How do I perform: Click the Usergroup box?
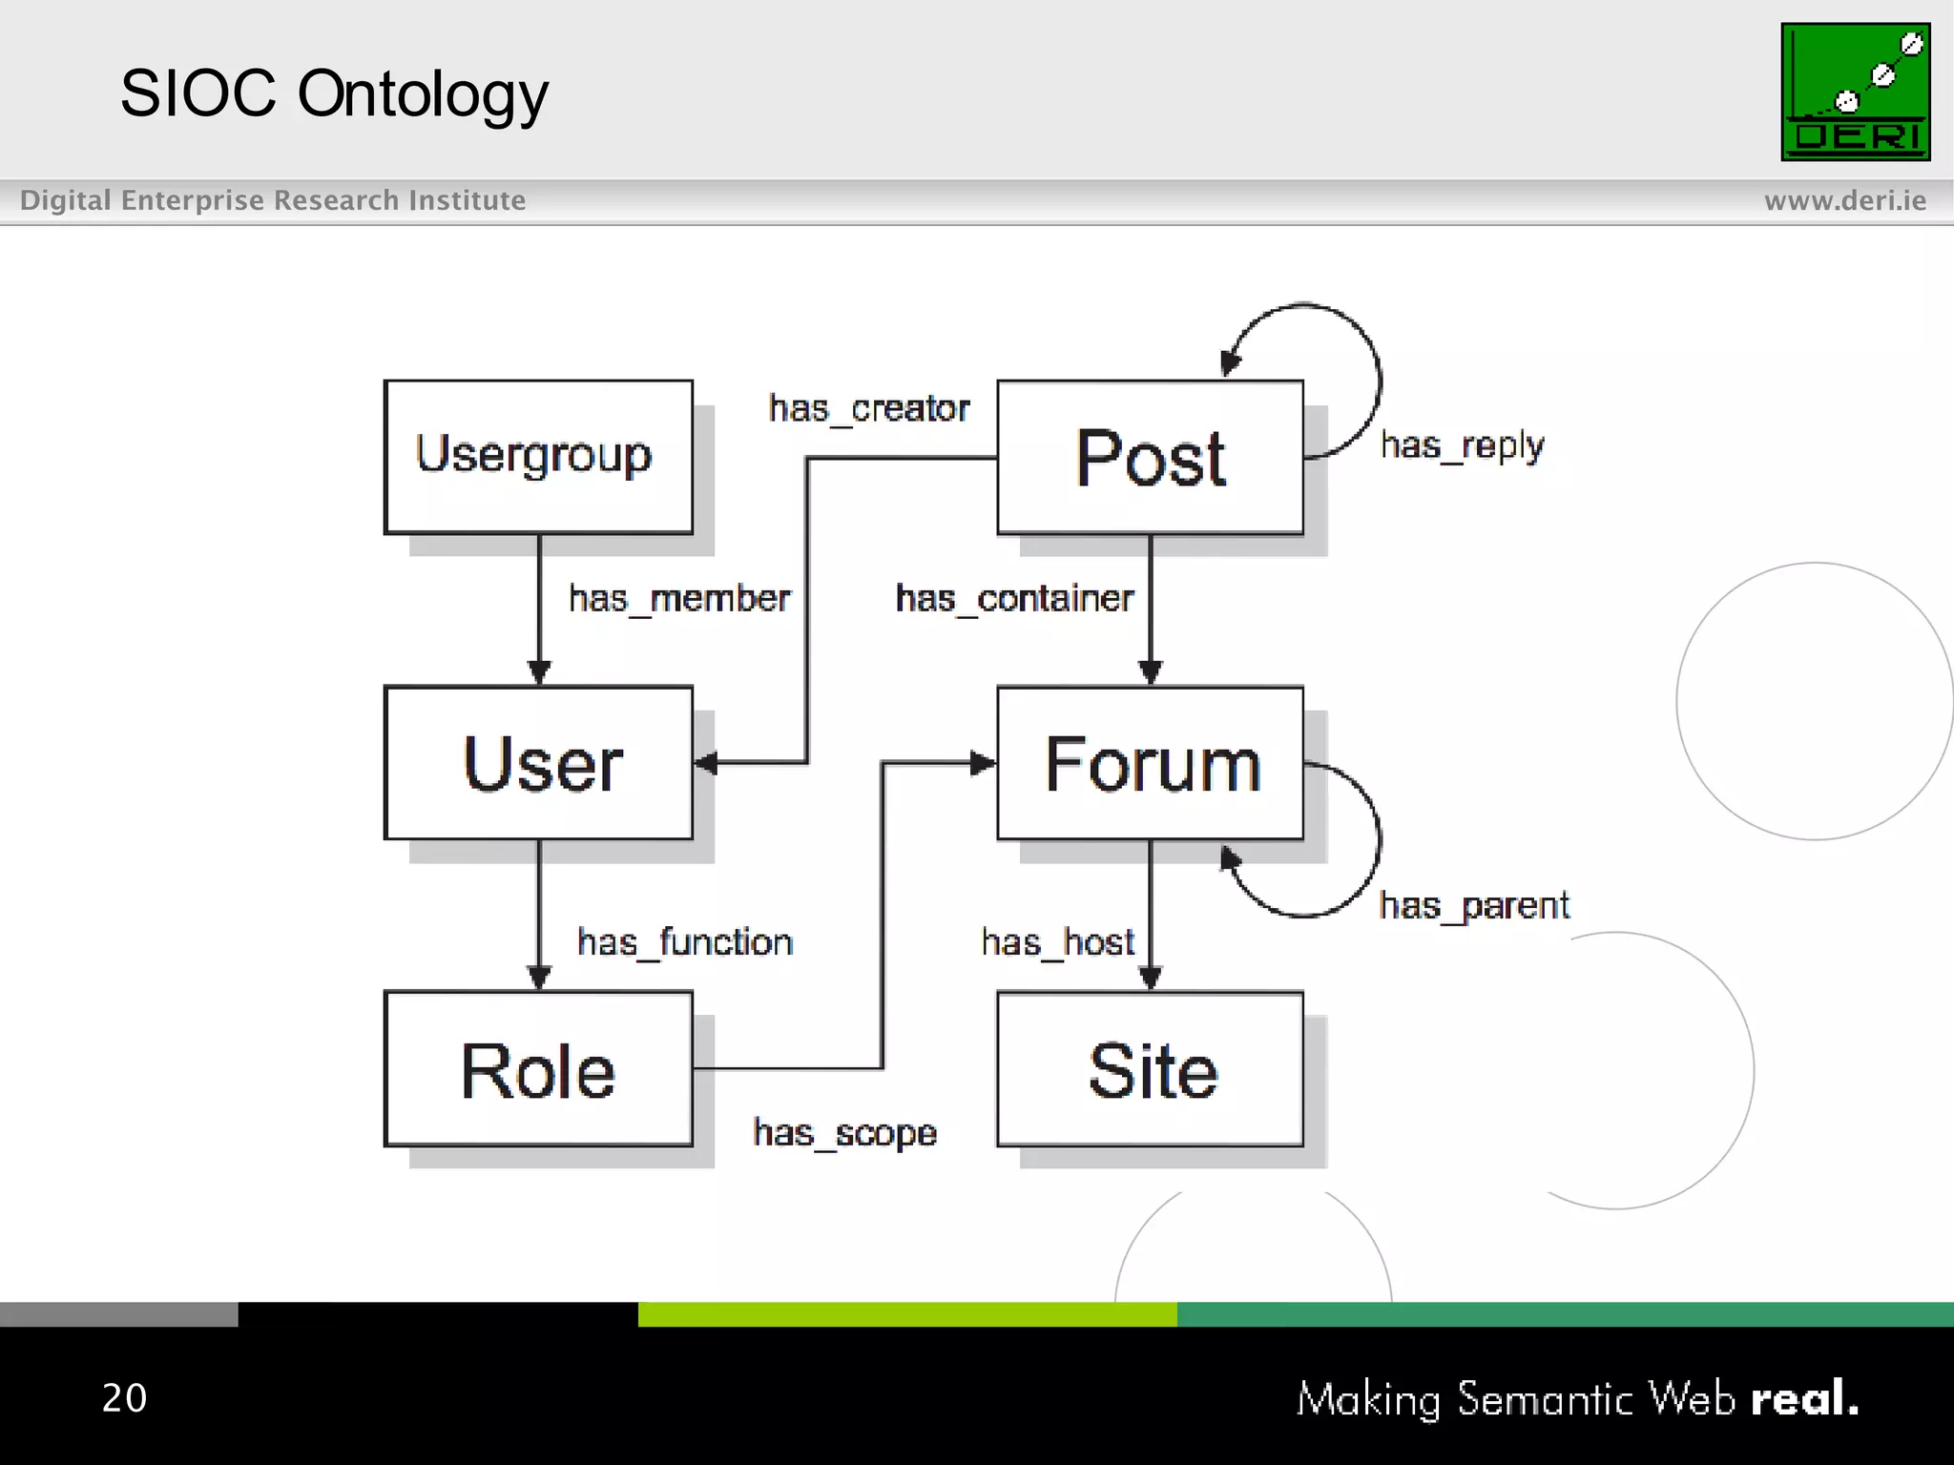click(x=538, y=457)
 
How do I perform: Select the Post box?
click(x=1150, y=457)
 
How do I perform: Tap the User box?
click(x=538, y=762)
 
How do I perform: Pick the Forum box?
click(x=1150, y=762)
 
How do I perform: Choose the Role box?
click(x=538, y=1068)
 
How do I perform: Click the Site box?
click(x=1150, y=1068)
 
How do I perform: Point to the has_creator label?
click(x=868, y=409)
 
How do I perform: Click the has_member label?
click(x=679, y=599)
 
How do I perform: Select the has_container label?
click(x=1013, y=599)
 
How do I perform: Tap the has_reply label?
click(x=1462, y=445)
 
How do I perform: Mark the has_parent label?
click(x=1473, y=905)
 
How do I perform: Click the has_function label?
click(x=685, y=942)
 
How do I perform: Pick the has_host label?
click(x=1057, y=942)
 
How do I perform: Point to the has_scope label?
click(x=844, y=1133)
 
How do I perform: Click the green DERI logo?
click(x=1855, y=92)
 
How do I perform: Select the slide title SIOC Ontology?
click(x=334, y=93)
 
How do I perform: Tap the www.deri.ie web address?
click(x=1844, y=200)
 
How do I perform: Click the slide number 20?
click(x=124, y=1397)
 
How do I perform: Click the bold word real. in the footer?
click(x=1804, y=1398)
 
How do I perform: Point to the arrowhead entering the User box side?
click(x=707, y=762)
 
